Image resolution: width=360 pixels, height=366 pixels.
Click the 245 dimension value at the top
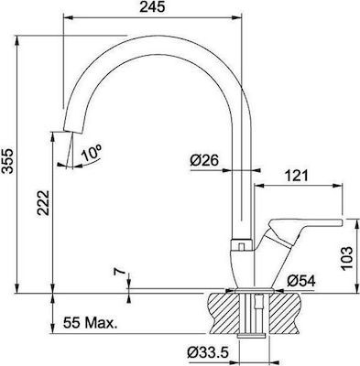coord(152,7)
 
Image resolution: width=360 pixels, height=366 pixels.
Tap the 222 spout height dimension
coord(43,203)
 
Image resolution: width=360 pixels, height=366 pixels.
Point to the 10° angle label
coord(92,154)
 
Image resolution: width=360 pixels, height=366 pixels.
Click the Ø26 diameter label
coord(204,160)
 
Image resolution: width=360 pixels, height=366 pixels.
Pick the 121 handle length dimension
coord(296,176)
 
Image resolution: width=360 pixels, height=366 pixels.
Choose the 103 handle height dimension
coord(346,258)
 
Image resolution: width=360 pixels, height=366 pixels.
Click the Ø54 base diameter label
coord(301,281)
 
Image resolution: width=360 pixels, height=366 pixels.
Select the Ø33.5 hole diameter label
coord(208,353)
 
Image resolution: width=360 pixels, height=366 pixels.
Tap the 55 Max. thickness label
coord(91,323)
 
